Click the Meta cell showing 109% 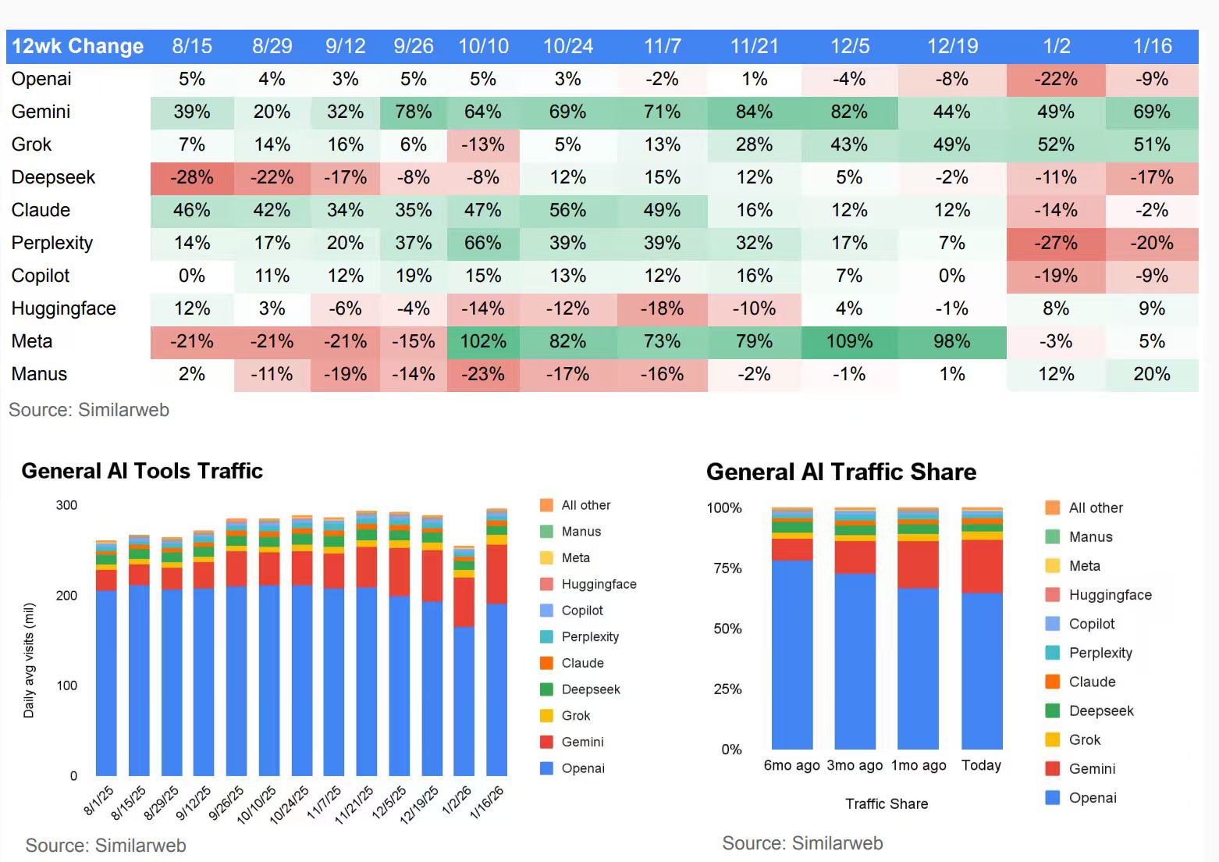tap(849, 342)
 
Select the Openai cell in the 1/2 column tap(1056, 80)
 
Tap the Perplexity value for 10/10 tap(483, 244)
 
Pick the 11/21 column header tap(754, 47)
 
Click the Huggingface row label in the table tap(64, 309)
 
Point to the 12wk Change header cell tap(78, 47)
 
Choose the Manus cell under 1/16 tap(1152, 375)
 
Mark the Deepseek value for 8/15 tap(192, 178)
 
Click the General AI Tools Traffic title tap(142, 471)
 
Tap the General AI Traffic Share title tap(841, 472)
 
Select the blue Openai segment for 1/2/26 tap(464, 703)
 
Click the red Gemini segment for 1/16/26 tap(496, 574)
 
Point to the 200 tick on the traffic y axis tap(67, 596)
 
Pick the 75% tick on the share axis tap(727, 568)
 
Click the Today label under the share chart tap(981, 765)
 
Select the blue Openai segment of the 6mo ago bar tap(792, 656)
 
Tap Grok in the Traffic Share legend tap(1084, 739)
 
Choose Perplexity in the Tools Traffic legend tap(589, 637)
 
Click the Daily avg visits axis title tap(29, 661)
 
